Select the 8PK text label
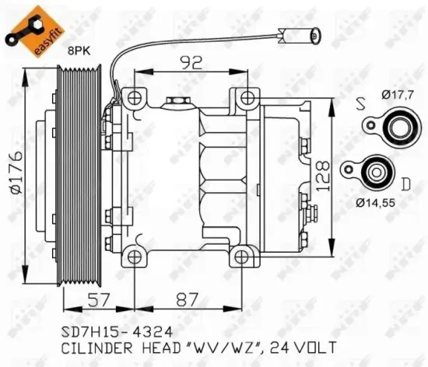coord(79,49)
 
